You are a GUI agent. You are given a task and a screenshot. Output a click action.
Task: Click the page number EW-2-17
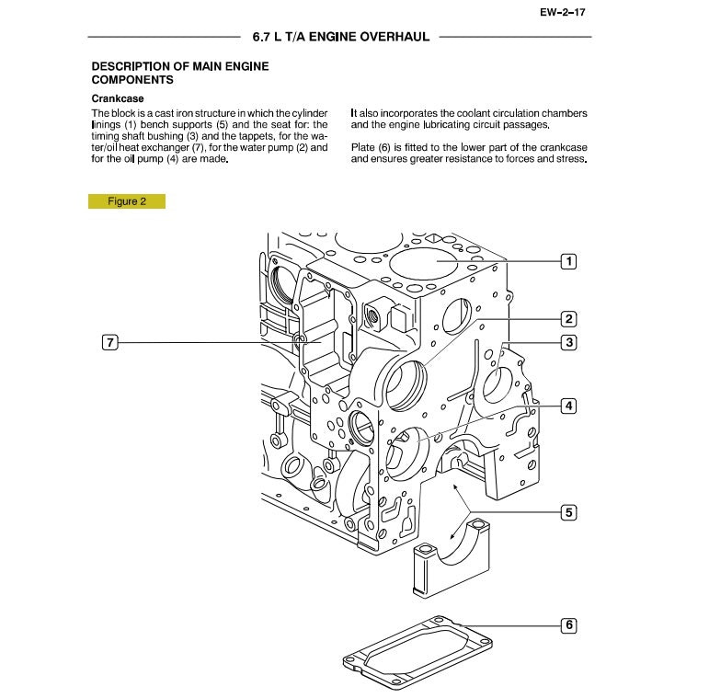[562, 13]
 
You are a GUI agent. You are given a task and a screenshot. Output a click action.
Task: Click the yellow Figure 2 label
[127, 201]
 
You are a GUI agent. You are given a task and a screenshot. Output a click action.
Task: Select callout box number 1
[569, 261]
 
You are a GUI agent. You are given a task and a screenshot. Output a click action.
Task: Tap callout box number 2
[569, 319]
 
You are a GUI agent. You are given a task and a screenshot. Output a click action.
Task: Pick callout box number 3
[569, 342]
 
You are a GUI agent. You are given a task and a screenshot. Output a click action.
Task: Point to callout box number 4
[569, 406]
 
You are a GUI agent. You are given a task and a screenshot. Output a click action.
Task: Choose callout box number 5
[569, 512]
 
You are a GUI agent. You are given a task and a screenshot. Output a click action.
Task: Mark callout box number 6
[569, 625]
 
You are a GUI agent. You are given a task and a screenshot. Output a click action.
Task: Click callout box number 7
[109, 343]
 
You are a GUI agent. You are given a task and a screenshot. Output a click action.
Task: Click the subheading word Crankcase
[117, 97]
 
